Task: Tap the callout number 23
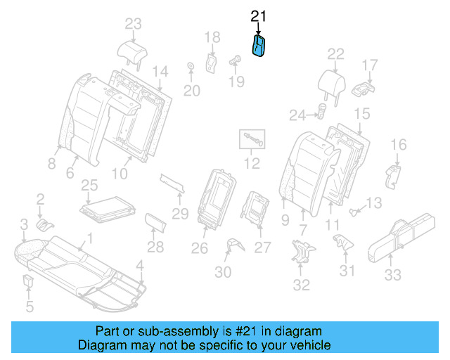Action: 133,24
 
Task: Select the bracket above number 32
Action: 302,252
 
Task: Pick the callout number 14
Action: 161,71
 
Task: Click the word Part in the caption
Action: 109,331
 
